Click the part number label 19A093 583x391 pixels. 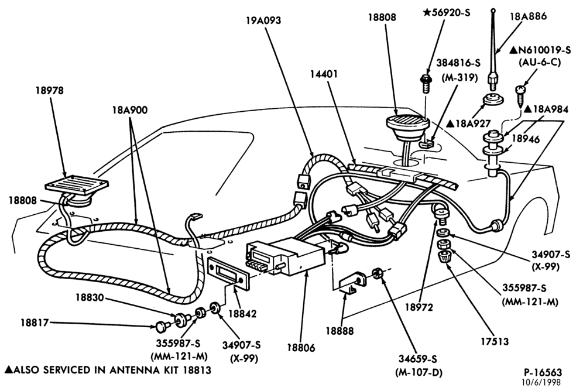pyautogui.click(x=263, y=20)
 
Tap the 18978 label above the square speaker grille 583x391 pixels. pyautogui.click(x=49, y=90)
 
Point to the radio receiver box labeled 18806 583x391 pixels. pyautogui.click(x=294, y=256)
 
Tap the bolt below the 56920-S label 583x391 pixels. pyautogui.click(x=426, y=84)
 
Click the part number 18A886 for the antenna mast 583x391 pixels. pyautogui.click(x=529, y=16)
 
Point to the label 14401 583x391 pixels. pyautogui.click(x=324, y=74)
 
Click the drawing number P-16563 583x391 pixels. pyautogui.click(x=543, y=372)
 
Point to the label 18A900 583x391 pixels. pyautogui.click(x=130, y=110)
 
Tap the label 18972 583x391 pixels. pyautogui.click(x=419, y=307)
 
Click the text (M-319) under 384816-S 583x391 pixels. pyautogui.click(x=460, y=78)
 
